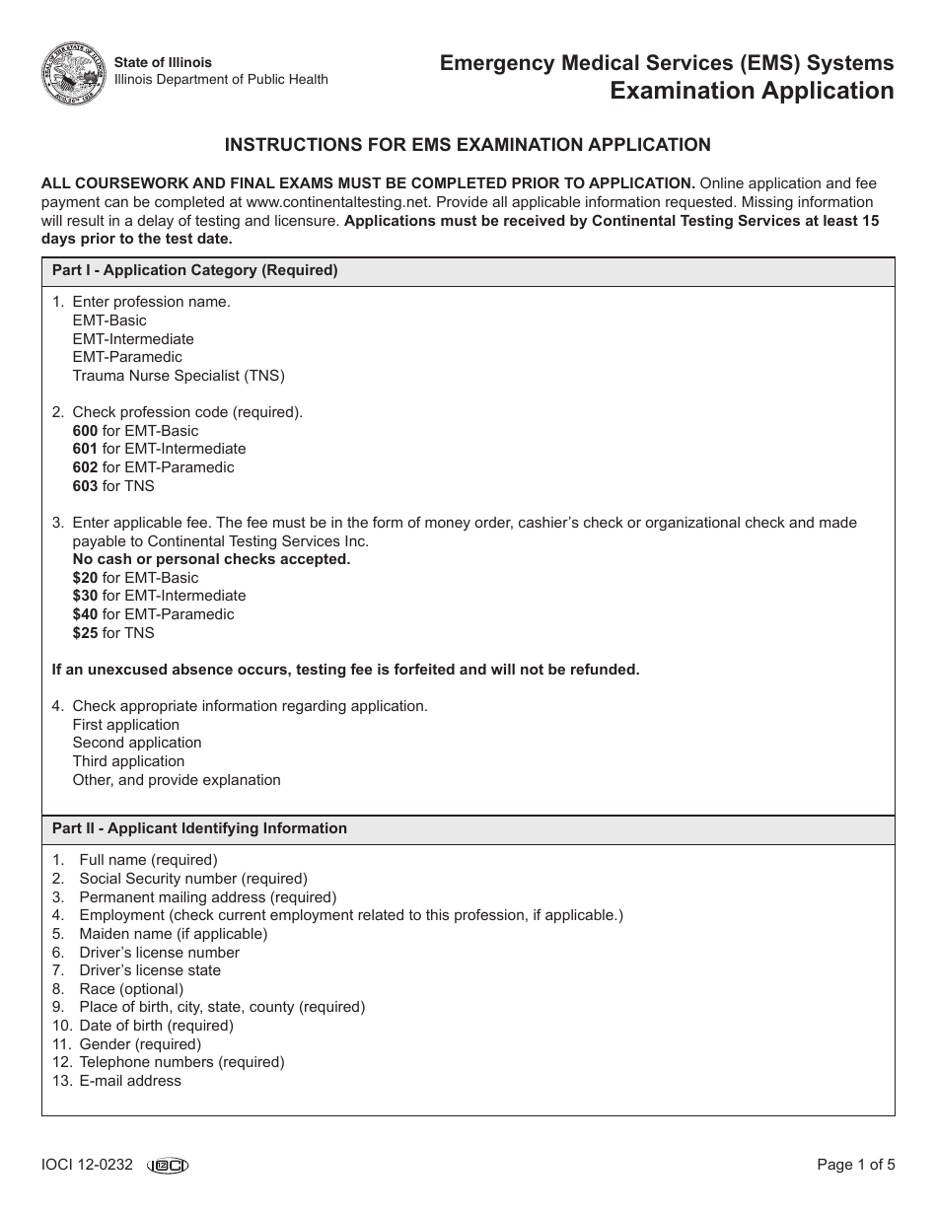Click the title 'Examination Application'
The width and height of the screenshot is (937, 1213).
[752, 91]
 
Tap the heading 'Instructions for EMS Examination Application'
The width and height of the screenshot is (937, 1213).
[468, 145]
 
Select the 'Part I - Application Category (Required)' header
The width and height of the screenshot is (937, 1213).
[194, 271]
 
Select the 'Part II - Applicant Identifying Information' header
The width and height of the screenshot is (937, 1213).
[199, 828]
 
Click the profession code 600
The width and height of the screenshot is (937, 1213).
[85, 431]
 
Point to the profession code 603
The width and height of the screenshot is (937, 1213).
[85, 486]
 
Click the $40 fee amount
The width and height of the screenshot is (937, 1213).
[85, 614]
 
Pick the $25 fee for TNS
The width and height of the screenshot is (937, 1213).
[85, 633]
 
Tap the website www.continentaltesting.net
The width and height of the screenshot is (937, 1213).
[326, 202]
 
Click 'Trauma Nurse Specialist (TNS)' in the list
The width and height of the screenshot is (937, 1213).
[179, 376]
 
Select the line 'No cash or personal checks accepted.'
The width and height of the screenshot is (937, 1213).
[211, 559]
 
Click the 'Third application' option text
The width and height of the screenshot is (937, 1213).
[128, 761]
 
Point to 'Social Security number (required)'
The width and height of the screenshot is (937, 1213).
[193, 879]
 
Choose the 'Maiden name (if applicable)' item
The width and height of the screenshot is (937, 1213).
[174, 934]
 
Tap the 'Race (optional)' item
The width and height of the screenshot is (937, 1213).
[131, 989]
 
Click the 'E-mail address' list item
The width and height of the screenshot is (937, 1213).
[130, 1081]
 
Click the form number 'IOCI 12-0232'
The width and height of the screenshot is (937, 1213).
[87, 1165]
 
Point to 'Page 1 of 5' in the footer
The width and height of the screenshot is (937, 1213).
[856, 1165]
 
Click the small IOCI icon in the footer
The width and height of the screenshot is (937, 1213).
[168, 1166]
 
